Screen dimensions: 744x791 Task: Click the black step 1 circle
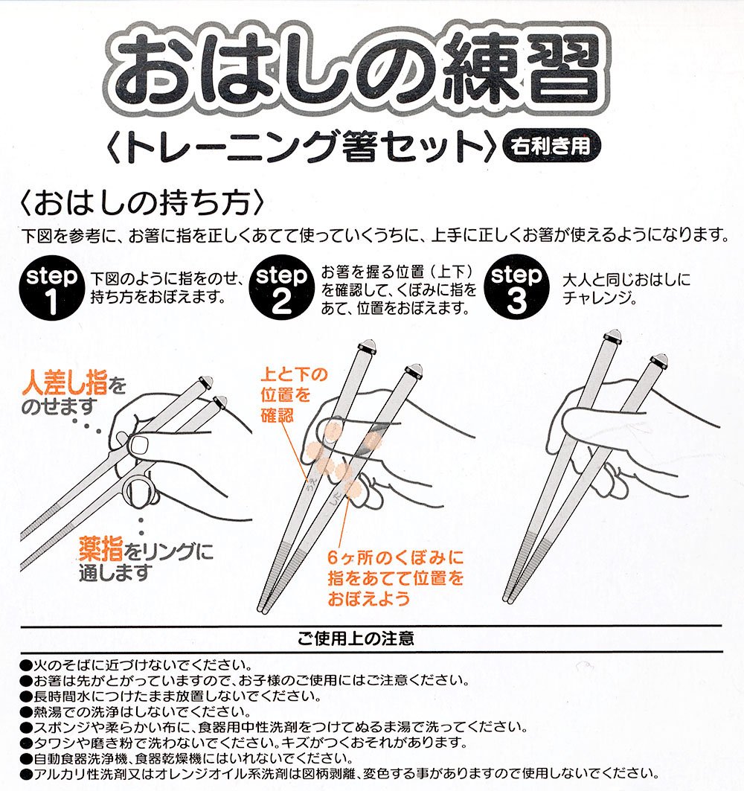51,289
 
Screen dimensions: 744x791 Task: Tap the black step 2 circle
281,287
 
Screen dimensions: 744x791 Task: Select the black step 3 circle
516,287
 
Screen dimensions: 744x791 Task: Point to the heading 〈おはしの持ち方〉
142,203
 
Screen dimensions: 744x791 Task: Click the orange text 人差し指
65,383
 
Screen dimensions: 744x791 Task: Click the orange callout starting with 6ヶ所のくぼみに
395,578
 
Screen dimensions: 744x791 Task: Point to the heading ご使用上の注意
356,638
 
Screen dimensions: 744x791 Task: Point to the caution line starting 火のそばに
135,665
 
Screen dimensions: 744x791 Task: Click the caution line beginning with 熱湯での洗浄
135,712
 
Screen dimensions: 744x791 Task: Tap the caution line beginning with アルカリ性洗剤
339,773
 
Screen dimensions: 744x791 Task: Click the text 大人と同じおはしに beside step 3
626,280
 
